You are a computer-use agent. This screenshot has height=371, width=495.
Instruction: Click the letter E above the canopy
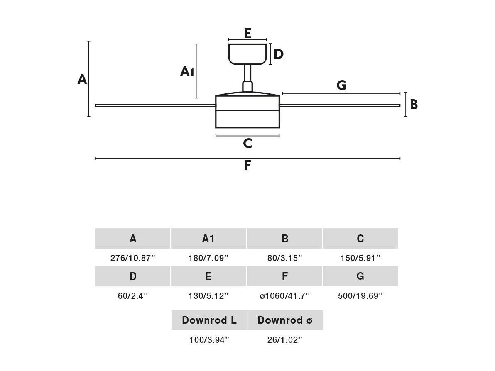coord(247,33)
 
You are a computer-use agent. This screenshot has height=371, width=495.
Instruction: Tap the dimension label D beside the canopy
coord(278,54)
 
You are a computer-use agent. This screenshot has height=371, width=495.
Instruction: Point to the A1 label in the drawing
coord(187,72)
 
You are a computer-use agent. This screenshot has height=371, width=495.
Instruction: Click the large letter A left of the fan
coord(82,79)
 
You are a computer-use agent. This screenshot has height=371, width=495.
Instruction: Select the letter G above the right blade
coord(341,85)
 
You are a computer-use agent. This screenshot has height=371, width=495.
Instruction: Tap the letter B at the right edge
coord(414,105)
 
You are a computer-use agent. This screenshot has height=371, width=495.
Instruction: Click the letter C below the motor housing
coord(248,143)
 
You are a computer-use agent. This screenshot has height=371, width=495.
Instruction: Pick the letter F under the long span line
coord(247,165)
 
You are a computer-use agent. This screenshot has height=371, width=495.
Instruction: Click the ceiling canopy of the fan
coord(247,54)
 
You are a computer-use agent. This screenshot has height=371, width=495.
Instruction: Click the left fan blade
coord(155,105)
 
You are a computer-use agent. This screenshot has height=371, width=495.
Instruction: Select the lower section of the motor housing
coord(247,119)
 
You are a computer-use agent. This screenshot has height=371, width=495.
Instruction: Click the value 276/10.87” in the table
coord(133,258)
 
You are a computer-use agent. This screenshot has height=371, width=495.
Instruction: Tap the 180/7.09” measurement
coord(208,258)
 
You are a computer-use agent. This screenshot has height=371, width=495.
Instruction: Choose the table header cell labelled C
coord(360,239)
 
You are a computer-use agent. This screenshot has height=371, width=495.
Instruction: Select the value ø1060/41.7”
coord(285,296)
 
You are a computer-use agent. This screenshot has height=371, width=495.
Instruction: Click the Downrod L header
coord(209,320)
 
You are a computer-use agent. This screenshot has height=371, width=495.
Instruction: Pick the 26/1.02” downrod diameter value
coord(285,340)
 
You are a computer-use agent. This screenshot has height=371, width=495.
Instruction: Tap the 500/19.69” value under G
coord(360,296)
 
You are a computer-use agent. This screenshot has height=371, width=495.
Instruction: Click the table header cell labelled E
coord(208,276)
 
